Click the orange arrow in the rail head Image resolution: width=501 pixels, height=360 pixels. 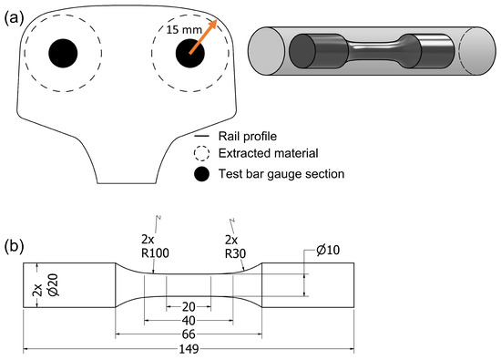[x=203, y=36]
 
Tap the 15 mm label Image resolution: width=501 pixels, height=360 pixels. [x=184, y=30]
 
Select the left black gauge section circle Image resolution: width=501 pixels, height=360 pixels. [x=63, y=54]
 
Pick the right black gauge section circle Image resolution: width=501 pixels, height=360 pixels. [x=190, y=54]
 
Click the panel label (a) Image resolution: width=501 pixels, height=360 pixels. [x=14, y=19]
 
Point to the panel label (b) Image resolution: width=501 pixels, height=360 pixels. [x=14, y=246]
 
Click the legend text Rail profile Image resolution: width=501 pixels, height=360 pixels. [x=247, y=136]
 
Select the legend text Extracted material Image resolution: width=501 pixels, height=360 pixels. [x=268, y=153]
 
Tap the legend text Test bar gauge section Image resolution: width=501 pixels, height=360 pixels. [x=281, y=174]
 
